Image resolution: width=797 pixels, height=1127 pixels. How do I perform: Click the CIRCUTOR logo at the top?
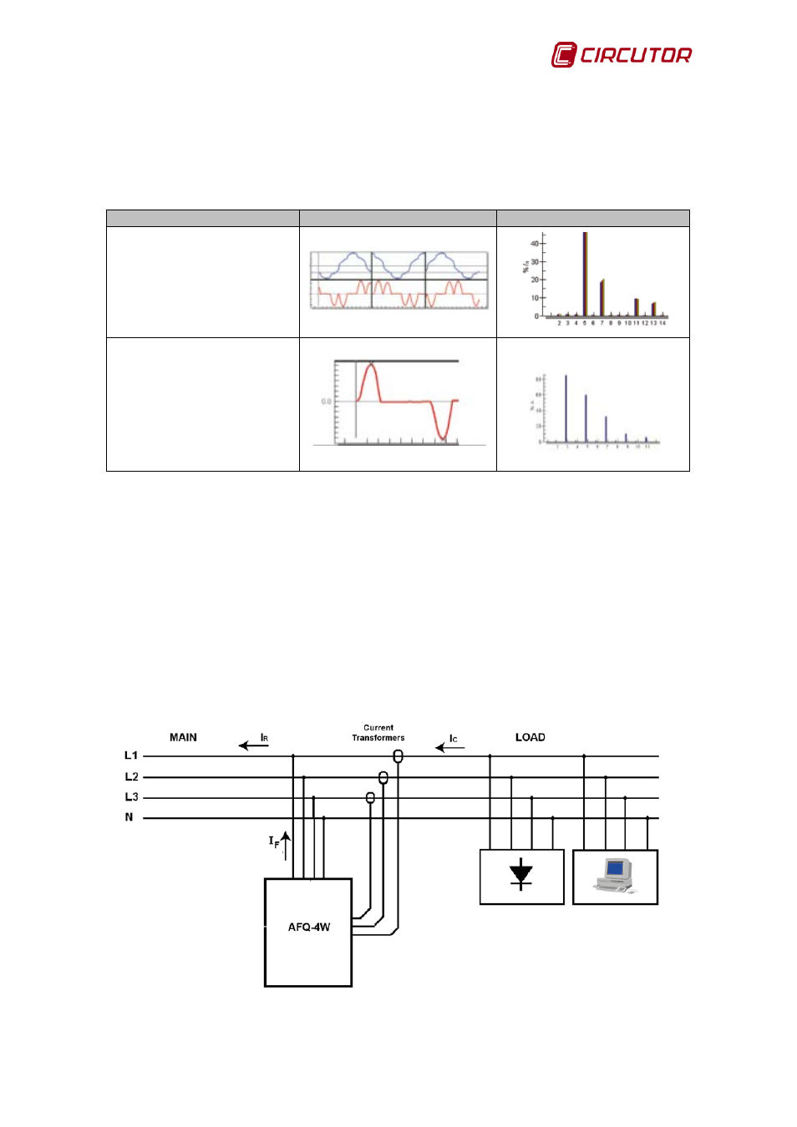[622, 55]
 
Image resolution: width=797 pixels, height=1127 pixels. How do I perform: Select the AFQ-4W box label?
[309, 927]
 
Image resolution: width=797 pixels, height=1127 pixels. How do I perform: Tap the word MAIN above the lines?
[183, 738]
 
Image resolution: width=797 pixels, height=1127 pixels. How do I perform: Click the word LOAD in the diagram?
[530, 738]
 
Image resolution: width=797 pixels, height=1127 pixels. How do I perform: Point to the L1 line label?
[131, 756]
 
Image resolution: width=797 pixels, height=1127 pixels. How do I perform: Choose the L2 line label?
[131, 777]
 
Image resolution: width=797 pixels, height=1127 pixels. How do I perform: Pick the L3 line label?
[131, 797]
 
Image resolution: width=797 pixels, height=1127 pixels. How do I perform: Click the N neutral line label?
[129, 817]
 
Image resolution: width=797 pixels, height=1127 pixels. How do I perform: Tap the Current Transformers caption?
[378, 733]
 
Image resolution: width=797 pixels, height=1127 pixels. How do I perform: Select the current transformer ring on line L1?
[398, 756]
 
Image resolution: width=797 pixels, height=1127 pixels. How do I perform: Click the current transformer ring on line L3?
[370, 798]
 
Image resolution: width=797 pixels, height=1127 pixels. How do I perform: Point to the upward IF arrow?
[286, 845]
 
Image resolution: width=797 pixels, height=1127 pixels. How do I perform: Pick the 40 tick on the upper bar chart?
[535, 244]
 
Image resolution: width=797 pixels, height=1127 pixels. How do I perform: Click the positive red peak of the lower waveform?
[371, 367]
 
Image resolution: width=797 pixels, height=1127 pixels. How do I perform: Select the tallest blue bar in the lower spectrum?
[566, 408]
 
